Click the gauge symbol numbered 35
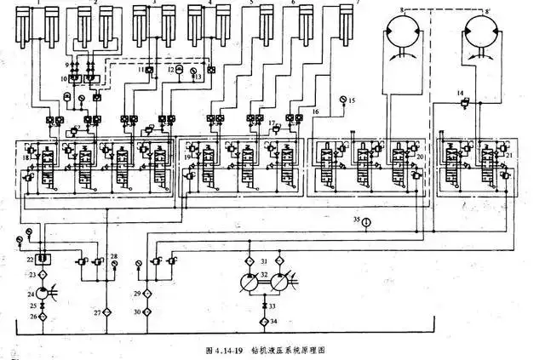click(x=365, y=221)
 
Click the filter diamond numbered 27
click(x=108, y=312)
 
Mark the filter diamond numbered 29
click(x=149, y=294)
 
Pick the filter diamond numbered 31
click(x=250, y=260)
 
